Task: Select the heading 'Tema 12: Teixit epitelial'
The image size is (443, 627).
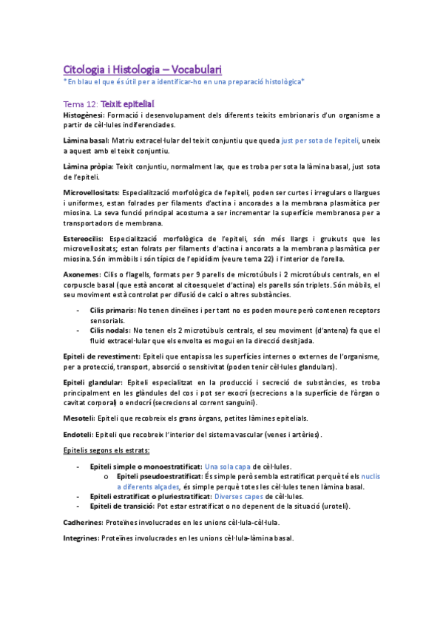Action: (x=109, y=104)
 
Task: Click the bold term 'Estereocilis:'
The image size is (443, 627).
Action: (x=84, y=238)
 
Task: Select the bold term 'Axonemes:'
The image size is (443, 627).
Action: (x=81, y=274)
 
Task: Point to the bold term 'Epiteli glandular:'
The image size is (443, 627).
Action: (x=92, y=382)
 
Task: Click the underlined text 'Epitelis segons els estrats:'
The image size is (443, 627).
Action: (x=106, y=450)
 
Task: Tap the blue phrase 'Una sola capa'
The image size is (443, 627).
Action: (x=228, y=467)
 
